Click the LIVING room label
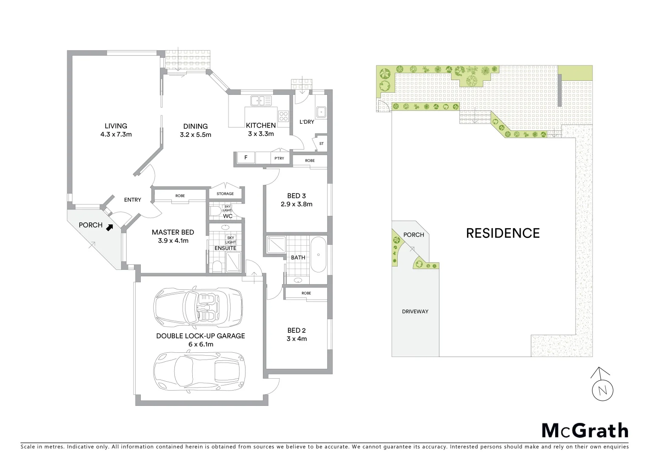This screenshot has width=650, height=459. click(116, 126)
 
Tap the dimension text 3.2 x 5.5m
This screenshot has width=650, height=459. click(195, 135)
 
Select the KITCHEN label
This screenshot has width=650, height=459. click(261, 125)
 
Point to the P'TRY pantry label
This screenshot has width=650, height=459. click(279, 159)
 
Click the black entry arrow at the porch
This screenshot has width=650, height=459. click(110, 227)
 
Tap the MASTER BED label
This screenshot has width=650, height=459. click(173, 232)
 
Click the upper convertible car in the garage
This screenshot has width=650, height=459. click(198, 308)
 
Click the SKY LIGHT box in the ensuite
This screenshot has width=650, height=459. click(231, 240)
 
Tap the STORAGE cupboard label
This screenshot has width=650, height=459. click(225, 194)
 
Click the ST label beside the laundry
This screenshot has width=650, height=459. click(321, 144)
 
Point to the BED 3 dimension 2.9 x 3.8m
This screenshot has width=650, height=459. click(296, 204)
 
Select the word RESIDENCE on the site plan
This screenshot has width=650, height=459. click(503, 233)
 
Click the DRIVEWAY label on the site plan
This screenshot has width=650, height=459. click(415, 312)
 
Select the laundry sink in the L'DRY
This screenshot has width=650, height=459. click(321, 112)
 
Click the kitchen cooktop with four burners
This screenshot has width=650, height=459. click(283, 115)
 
